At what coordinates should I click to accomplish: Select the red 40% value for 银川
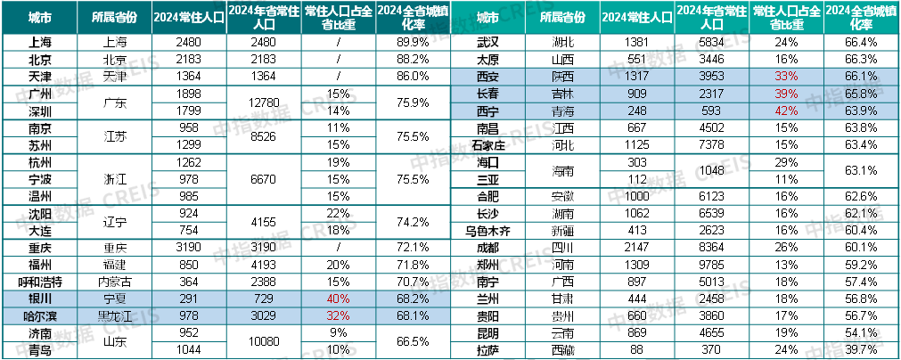click(x=338, y=299)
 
